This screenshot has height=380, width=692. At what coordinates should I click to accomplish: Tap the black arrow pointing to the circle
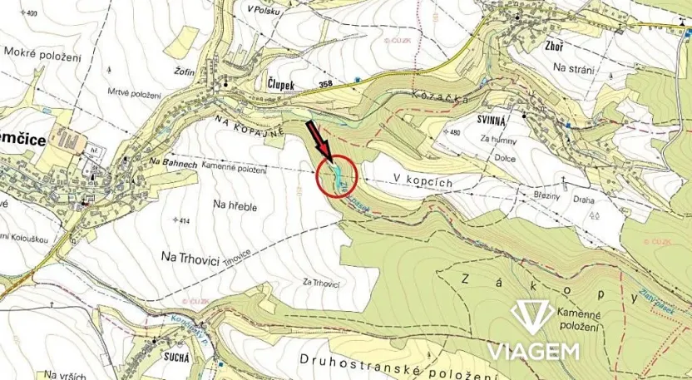point(320,140)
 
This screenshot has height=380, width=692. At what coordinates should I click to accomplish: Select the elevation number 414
point(185,220)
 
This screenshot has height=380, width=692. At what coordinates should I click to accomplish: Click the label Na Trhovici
point(190,259)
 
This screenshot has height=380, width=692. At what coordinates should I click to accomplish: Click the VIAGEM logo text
point(532,351)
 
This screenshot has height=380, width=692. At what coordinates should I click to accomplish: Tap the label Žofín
point(185,72)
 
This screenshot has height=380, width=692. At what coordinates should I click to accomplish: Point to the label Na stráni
point(573,69)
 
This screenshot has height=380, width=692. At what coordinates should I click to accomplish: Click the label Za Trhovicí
point(320,283)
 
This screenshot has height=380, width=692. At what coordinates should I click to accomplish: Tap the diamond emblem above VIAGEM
point(532,316)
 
